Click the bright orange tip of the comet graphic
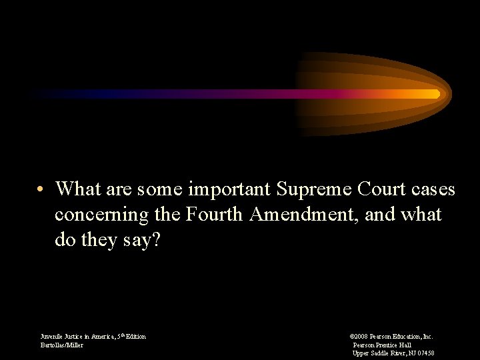click(x=436, y=94)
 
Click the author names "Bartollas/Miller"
click(x=62, y=345)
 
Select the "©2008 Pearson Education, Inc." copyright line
click(x=391, y=337)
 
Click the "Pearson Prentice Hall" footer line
click(x=382, y=345)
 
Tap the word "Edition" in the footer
click(x=134, y=337)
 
